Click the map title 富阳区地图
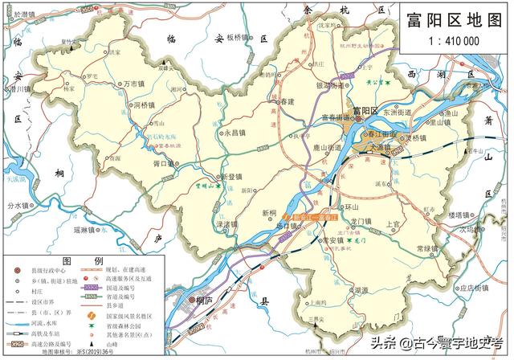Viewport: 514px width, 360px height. point(453,18)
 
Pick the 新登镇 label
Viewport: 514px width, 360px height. point(237,177)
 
